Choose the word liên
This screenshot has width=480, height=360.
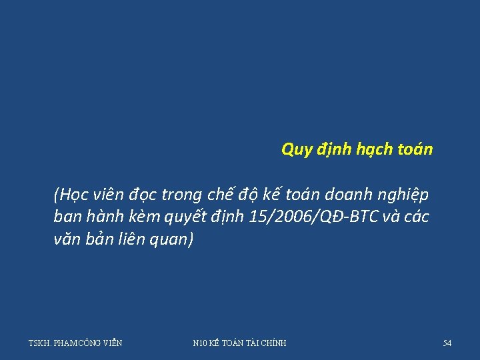135,239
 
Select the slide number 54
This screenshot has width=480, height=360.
447,343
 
